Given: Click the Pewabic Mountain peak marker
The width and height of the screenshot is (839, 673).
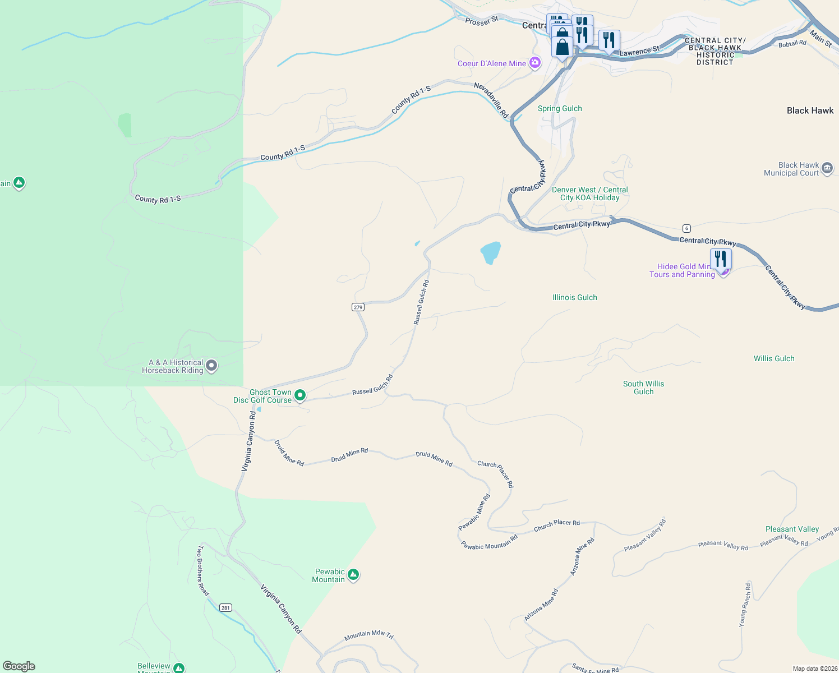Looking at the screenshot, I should tap(353, 575).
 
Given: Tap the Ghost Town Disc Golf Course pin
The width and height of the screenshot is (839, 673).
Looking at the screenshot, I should tap(300, 395).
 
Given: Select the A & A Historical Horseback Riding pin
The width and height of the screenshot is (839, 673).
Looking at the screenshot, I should tap(211, 366).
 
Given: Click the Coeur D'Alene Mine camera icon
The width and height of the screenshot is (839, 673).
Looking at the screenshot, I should tap(535, 62).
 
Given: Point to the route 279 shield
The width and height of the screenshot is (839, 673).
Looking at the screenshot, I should tap(358, 307).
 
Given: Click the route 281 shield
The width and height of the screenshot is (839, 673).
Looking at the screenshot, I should tap(225, 607).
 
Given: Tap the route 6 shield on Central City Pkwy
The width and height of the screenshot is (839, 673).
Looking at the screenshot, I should tap(686, 228).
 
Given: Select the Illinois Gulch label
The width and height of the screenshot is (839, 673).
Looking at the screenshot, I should tap(574, 297).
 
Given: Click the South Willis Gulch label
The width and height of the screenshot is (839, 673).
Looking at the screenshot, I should tap(643, 388).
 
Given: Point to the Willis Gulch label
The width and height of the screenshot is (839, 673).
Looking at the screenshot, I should tap(774, 358).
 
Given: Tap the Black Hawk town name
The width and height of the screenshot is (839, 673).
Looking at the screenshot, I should tap(810, 110).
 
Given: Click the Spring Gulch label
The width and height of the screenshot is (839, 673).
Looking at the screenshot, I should tap(560, 108).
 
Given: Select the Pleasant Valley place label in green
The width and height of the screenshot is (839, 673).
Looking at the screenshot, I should tap(792, 529).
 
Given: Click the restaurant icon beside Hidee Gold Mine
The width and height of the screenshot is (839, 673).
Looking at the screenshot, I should tap(721, 259).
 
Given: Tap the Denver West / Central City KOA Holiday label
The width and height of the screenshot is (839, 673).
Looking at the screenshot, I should tap(589, 193).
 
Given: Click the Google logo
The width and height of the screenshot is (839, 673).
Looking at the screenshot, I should tap(19, 666).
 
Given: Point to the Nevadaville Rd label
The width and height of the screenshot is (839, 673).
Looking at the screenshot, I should tap(491, 100).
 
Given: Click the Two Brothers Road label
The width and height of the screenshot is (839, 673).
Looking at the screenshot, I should tap(202, 570).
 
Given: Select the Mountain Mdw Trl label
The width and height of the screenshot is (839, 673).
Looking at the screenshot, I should tap(368, 635).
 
